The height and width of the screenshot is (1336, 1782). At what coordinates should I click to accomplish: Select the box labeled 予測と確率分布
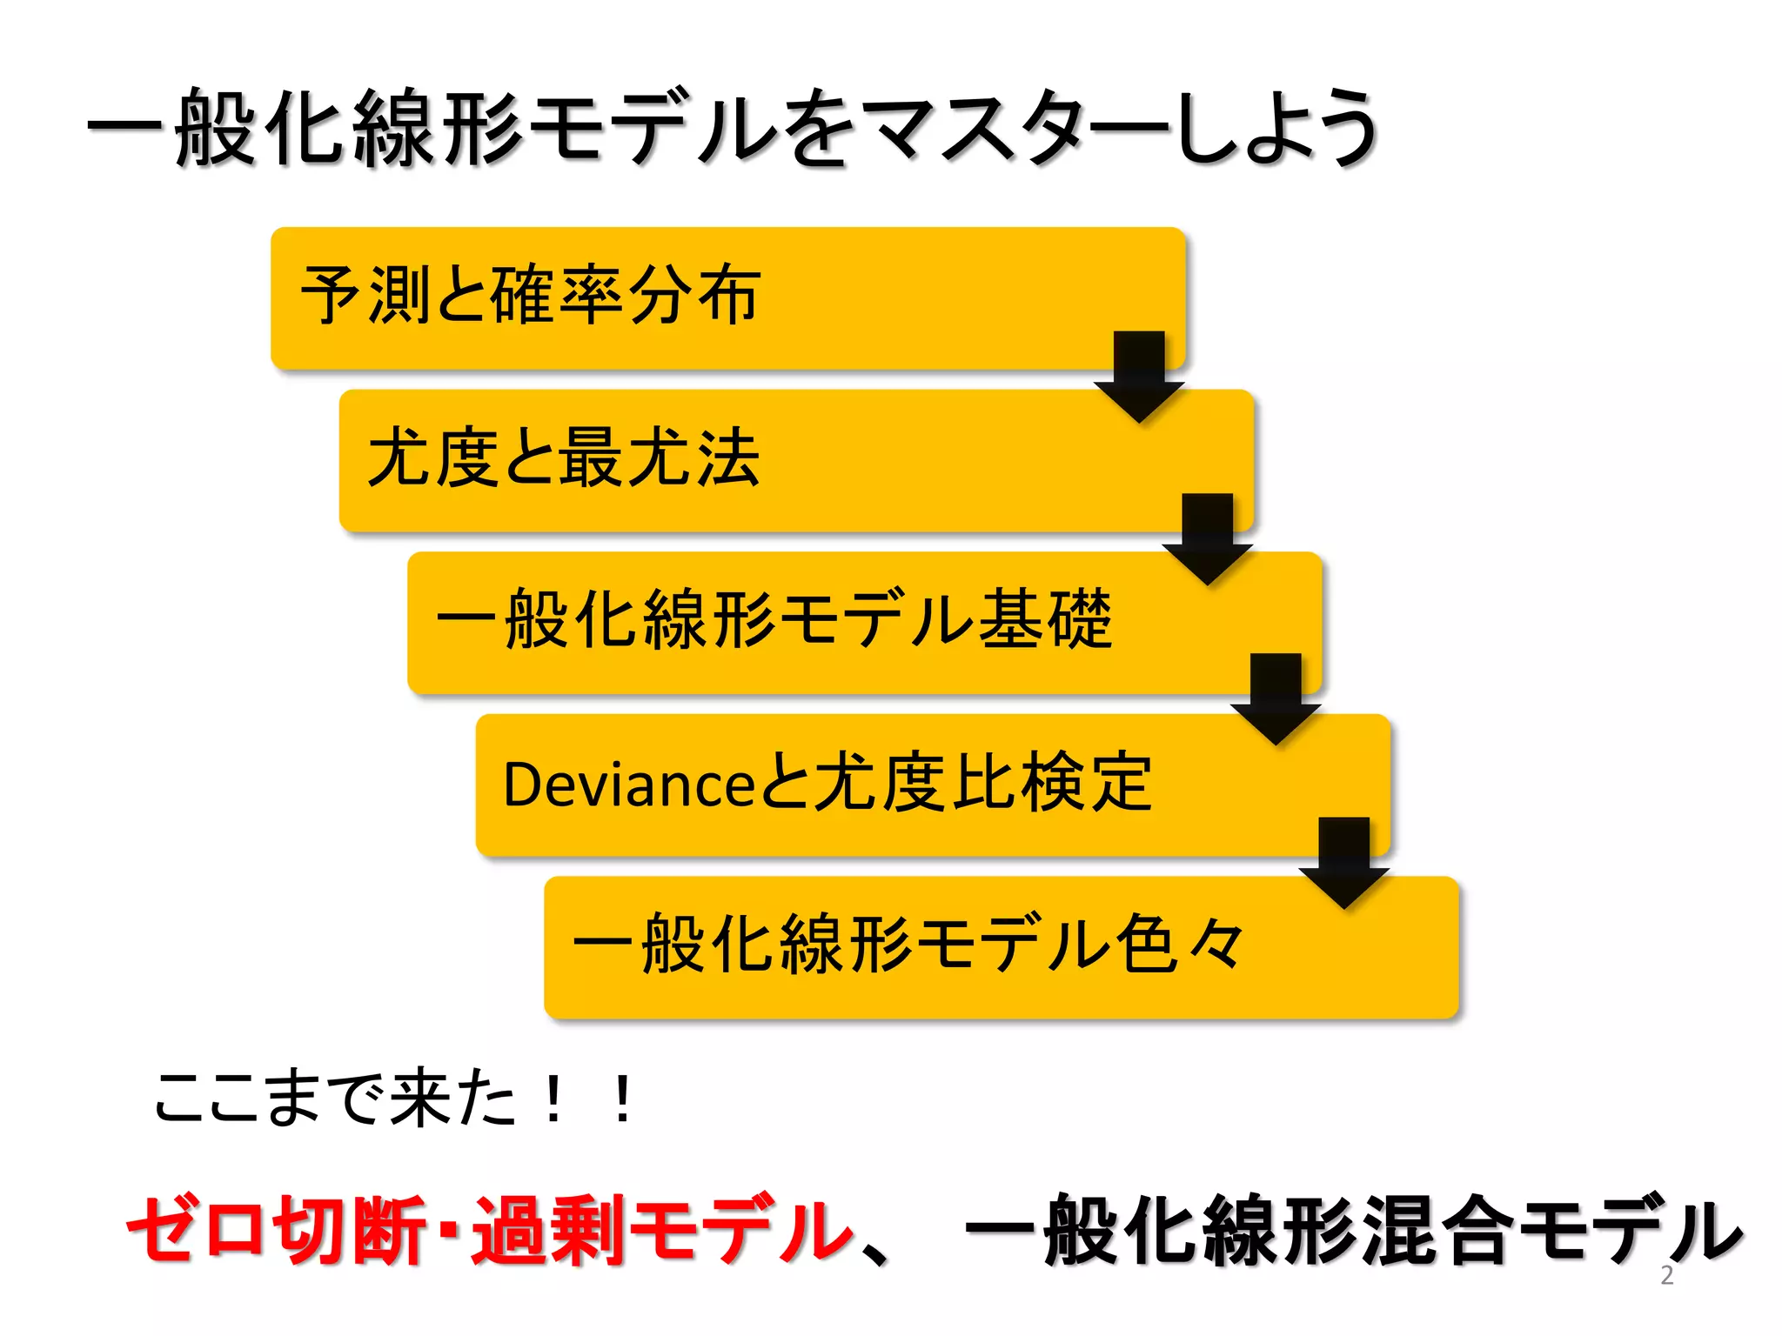(x=727, y=297)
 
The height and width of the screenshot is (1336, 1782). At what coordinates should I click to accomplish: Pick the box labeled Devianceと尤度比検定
(x=932, y=784)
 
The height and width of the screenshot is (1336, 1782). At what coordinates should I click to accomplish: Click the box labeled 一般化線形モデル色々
(x=1001, y=946)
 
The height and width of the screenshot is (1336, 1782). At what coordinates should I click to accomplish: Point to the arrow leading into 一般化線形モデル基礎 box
(x=1207, y=537)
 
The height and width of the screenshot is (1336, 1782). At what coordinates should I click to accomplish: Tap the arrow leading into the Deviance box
(x=1276, y=698)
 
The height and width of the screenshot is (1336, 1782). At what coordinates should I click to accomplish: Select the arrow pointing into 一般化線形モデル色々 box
(x=1343, y=861)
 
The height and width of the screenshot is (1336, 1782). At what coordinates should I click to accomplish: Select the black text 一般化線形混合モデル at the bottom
(x=1353, y=1229)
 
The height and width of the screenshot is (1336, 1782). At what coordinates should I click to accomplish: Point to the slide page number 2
(x=1666, y=1275)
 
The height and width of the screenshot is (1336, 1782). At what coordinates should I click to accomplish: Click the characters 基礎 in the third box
(x=1046, y=619)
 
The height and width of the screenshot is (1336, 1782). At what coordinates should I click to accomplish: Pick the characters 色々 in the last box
(x=1181, y=945)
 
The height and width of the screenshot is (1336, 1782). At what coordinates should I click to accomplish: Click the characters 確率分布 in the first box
(x=626, y=296)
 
